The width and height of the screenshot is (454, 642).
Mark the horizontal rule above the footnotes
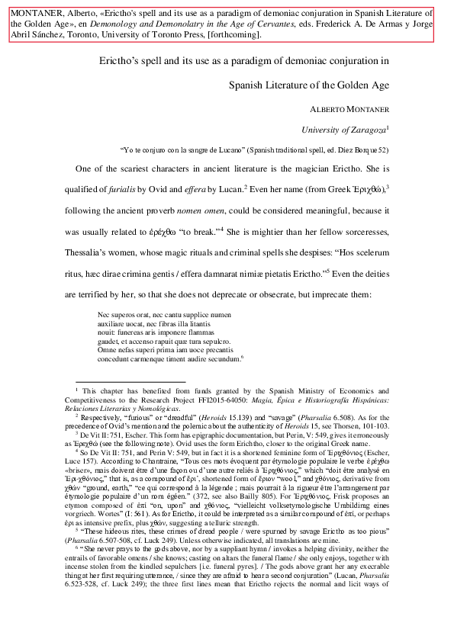(x=130, y=381)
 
